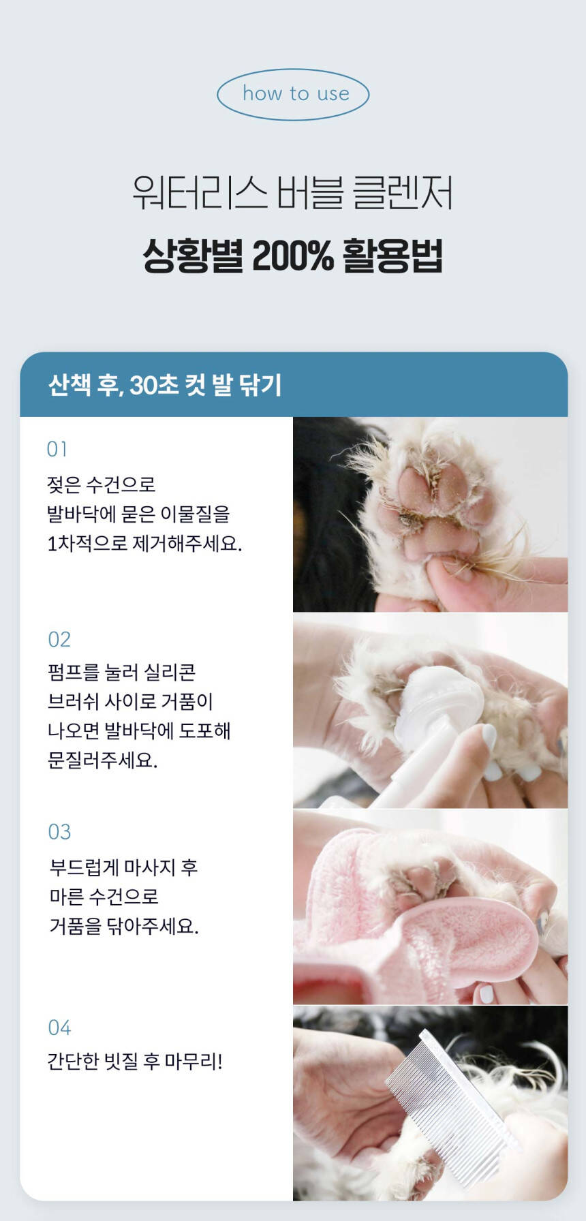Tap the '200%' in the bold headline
pos(293,256)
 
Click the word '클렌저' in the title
pos(403,193)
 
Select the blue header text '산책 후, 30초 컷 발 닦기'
pos(165,385)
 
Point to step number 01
pos(57,449)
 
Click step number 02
pos(59,639)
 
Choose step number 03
pos(59,832)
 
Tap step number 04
pos(59,1027)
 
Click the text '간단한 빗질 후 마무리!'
pos(135,1061)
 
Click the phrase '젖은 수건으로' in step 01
pos(102,484)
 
